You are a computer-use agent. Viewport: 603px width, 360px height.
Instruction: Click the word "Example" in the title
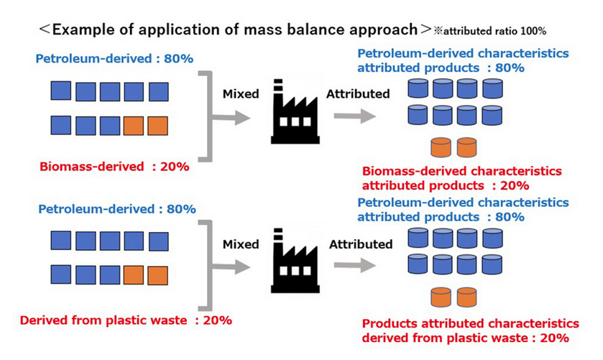(x=86, y=29)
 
